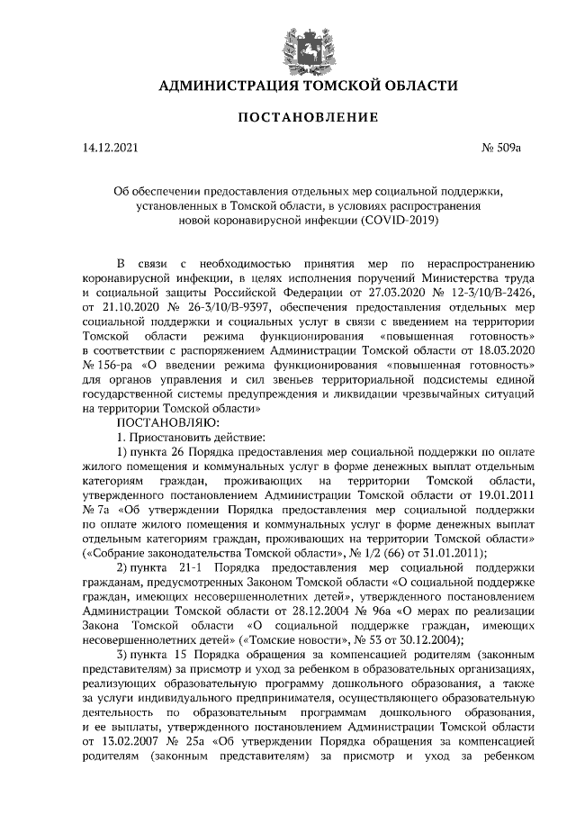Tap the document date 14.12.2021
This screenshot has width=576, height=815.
110,147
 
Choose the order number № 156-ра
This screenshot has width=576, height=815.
111,366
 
